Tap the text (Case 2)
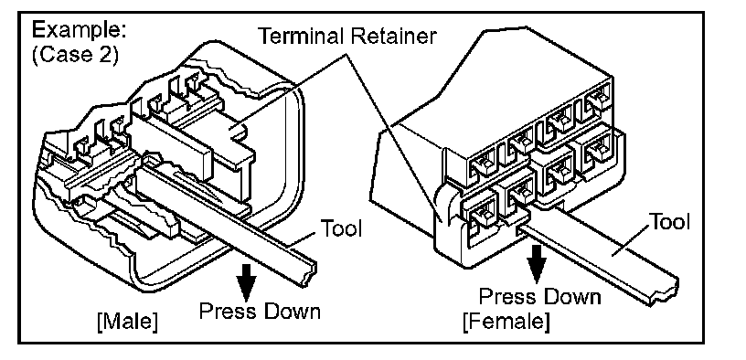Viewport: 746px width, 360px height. pos(75,55)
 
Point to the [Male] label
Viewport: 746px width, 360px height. pos(126,323)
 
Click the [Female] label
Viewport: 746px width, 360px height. pos(506,322)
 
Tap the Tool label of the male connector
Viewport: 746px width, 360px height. pos(342,228)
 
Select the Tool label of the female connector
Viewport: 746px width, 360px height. pos(669,222)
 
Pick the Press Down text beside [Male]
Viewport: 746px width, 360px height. pos(260,312)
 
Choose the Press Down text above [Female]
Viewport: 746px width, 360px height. pos(540,297)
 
